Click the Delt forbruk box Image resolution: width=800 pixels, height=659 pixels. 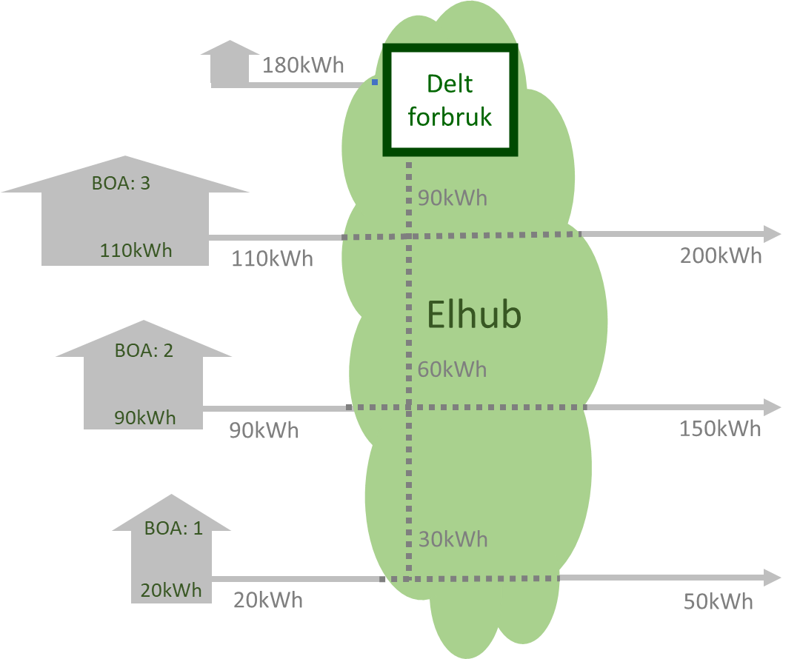450,100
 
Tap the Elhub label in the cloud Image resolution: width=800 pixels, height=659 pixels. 474,315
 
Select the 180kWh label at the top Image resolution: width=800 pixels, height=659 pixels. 303,65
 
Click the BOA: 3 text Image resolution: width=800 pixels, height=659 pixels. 121,182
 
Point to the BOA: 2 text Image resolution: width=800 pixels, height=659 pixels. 144,350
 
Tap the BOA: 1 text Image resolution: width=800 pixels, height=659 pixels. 173,528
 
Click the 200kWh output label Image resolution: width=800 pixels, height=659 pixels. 721,256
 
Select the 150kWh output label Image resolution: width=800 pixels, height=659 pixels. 720,429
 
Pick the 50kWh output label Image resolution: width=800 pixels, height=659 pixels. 718,601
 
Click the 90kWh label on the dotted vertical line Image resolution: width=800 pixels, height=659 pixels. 453,198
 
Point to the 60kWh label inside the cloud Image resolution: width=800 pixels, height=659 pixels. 452,369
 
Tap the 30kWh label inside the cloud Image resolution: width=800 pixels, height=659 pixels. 453,539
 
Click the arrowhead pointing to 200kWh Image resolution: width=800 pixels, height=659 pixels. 772,234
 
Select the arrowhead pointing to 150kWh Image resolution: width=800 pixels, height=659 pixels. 772,407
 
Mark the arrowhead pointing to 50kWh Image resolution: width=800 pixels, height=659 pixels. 772,578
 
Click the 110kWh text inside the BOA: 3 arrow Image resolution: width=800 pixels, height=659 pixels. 136,250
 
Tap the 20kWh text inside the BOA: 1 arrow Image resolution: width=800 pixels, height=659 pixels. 171,591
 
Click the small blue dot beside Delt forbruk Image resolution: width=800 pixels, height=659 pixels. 375,82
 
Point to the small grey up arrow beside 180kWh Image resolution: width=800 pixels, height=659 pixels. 230,62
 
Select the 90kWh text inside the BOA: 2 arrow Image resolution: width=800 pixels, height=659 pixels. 145,418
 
